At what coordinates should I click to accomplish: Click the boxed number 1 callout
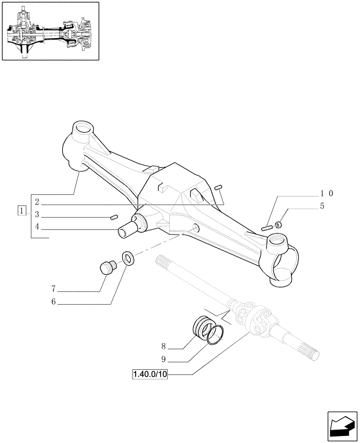pyautogui.click(x=21, y=211)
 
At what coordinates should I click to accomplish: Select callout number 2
pyautogui.click(x=37, y=202)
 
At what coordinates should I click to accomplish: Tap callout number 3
pyautogui.click(x=37, y=215)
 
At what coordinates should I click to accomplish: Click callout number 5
pyautogui.click(x=322, y=206)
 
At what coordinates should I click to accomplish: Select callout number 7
pyautogui.click(x=53, y=289)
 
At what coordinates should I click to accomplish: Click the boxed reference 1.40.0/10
pyautogui.click(x=149, y=375)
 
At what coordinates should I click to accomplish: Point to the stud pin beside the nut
pyautogui.click(x=266, y=228)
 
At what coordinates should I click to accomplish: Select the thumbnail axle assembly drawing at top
pyautogui.click(x=50, y=31)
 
